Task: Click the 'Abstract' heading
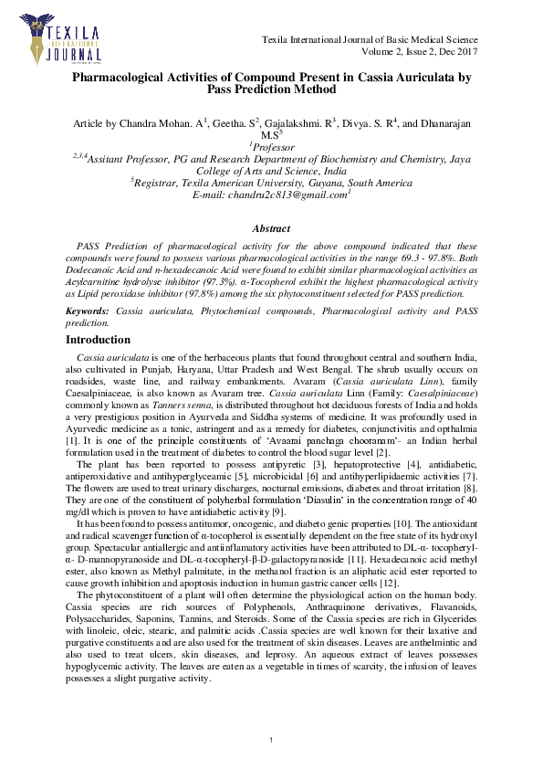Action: pyautogui.click(x=271, y=229)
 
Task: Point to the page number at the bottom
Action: pyautogui.click(x=272, y=738)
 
